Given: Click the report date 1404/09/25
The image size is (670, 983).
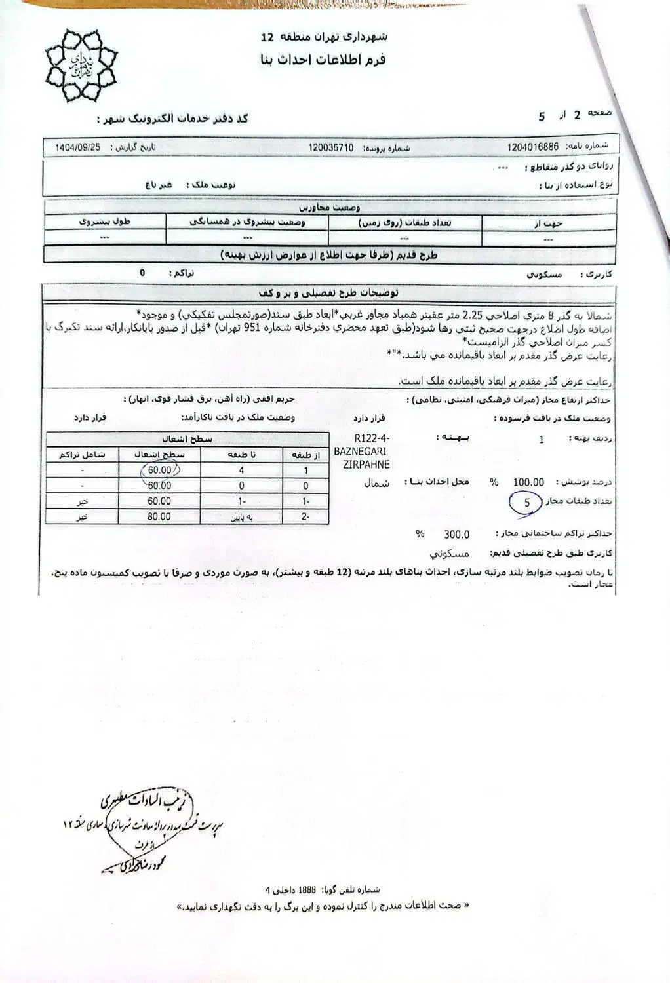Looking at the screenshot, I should [77, 148].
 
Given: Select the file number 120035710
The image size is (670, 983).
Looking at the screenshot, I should [331, 148].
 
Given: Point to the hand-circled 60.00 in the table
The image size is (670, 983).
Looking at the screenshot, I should [159, 470].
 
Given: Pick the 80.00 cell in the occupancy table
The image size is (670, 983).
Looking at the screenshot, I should [159, 516].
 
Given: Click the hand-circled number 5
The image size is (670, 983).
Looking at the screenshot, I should [528, 503].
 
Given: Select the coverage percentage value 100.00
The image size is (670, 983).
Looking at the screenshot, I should [528, 482].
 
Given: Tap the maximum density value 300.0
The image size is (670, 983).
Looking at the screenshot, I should [457, 534].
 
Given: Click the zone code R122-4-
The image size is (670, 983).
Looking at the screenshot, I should [371, 438].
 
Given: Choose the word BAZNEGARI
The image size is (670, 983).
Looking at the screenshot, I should [360, 452].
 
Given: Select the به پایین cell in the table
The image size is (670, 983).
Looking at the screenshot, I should [241, 516].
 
